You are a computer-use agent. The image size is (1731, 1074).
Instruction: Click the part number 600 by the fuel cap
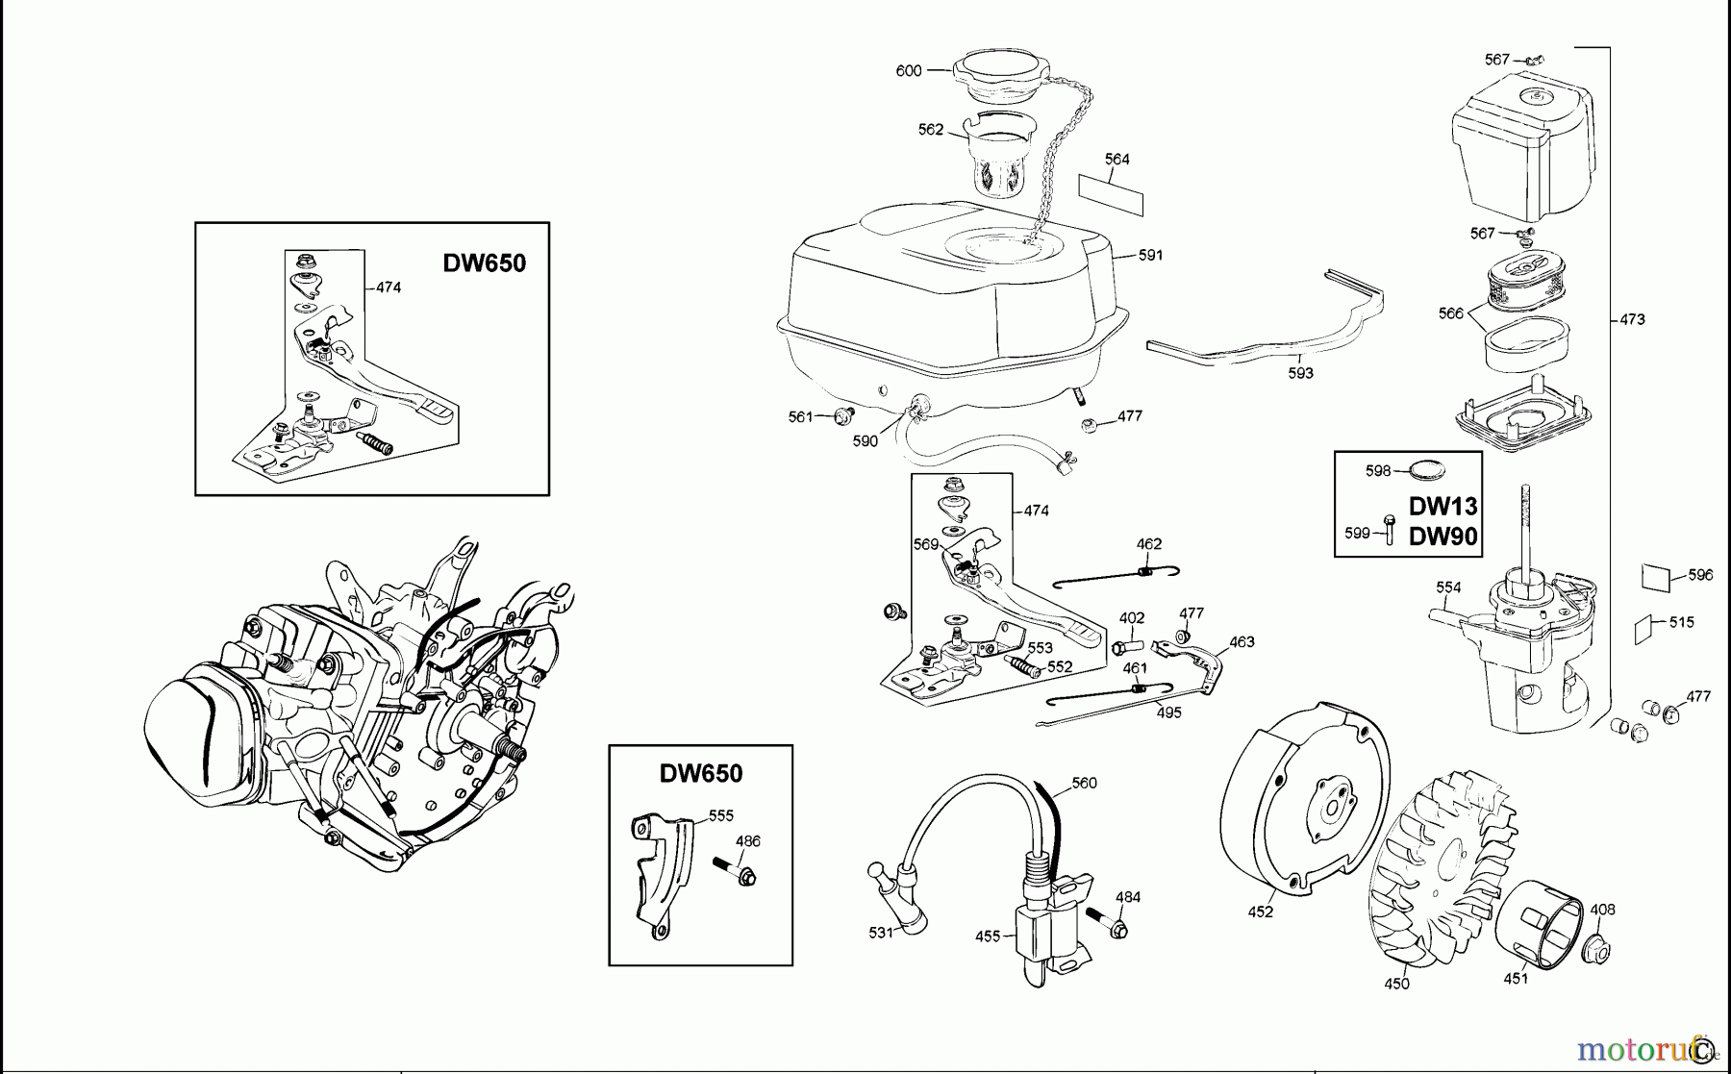click(x=908, y=70)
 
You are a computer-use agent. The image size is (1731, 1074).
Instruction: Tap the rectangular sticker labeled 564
click(x=1111, y=194)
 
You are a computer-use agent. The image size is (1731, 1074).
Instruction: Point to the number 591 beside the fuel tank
click(x=1150, y=255)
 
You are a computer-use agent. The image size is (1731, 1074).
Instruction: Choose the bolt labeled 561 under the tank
click(x=845, y=415)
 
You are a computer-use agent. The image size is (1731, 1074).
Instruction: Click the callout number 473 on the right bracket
click(x=1632, y=319)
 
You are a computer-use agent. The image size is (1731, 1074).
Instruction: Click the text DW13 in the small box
click(x=1442, y=506)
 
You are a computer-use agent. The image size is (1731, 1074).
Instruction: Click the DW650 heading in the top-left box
click(x=484, y=263)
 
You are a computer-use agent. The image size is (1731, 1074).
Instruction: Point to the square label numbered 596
click(x=1656, y=578)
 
